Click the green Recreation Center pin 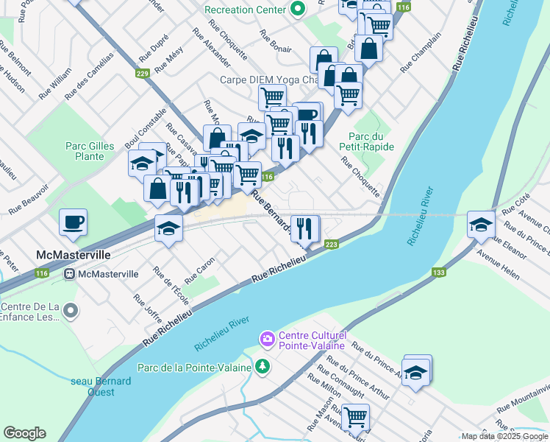coord(297,10)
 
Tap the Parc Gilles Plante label coord(90,151)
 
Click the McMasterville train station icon coord(70,274)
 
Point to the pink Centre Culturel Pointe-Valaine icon coord(266,338)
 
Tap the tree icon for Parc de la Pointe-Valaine coord(261,366)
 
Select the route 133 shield coord(439,273)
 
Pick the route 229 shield coord(142,73)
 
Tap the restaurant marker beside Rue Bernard coord(304,228)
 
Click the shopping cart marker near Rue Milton coord(355,417)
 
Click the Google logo coord(25,433)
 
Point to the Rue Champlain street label coord(421,52)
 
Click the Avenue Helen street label coord(499,265)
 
